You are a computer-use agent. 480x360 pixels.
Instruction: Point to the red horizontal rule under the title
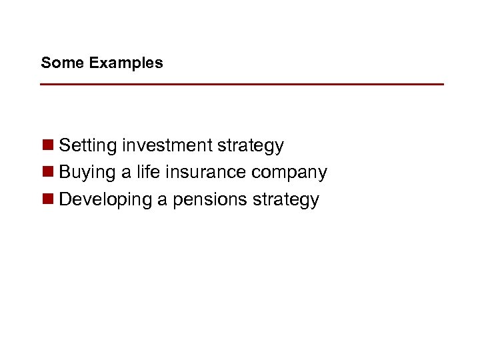pos(242,85)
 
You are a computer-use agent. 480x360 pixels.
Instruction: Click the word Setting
pos(88,146)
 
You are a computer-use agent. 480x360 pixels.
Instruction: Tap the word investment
pos(167,145)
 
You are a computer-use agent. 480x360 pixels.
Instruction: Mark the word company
pos(289,173)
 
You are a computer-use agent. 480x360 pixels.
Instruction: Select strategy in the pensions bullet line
pos(287,201)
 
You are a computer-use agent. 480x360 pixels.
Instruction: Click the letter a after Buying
pos(126,173)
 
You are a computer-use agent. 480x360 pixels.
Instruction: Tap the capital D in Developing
pos(65,200)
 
